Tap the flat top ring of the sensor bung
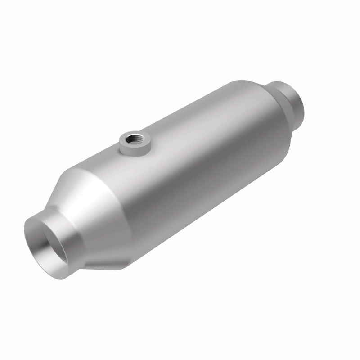tap(128, 133)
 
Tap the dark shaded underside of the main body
tap(202, 211)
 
